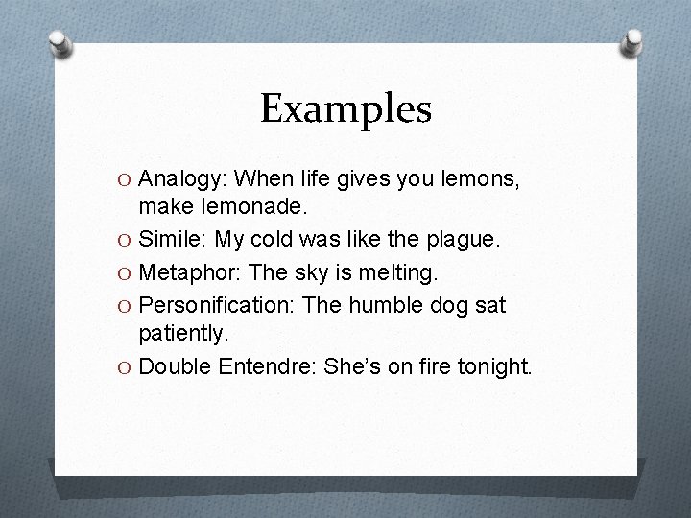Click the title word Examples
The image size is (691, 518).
(345, 110)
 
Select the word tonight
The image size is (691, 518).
(494, 366)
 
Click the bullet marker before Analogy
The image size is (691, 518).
(126, 179)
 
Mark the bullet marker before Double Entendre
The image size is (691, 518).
(126, 367)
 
